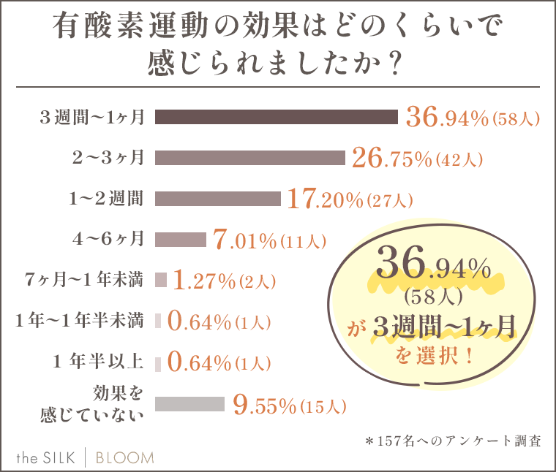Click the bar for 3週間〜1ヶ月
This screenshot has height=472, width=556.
pyautogui.click(x=276, y=117)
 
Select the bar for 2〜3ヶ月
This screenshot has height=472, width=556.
pyautogui.click(x=249, y=158)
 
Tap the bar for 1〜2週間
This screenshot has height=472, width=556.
pyautogui.click(x=218, y=199)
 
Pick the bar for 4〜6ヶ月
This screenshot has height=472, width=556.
pyautogui.click(x=181, y=239)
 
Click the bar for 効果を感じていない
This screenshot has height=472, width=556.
pyautogui.click(x=189, y=404)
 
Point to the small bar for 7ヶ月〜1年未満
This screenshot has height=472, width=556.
pyautogui.click(x=161, y=280)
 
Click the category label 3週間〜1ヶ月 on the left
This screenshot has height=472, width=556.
pyautogui.click(x=92, y=118)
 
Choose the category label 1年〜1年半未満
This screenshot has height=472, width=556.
pyautogui.click(x=79, y=321)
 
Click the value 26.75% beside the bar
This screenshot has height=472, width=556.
pyautogui.click(x=391, y=159)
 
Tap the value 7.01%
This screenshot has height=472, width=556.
pyautogui.click(x=244, y=240)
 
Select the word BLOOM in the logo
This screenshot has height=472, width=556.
pyautogui.click(x=127, y=458)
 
